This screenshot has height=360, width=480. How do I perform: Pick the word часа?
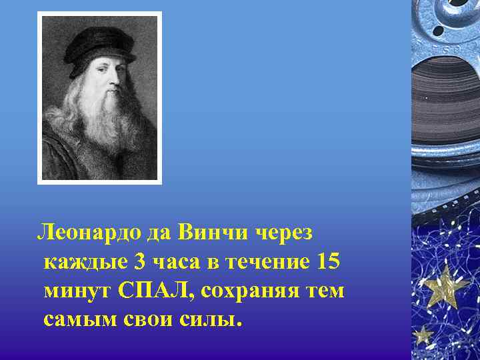click(x=174, y=262)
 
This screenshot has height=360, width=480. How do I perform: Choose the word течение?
click(x=267, y=261)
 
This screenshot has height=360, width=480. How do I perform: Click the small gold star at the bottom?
click(x=422, y=334)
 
